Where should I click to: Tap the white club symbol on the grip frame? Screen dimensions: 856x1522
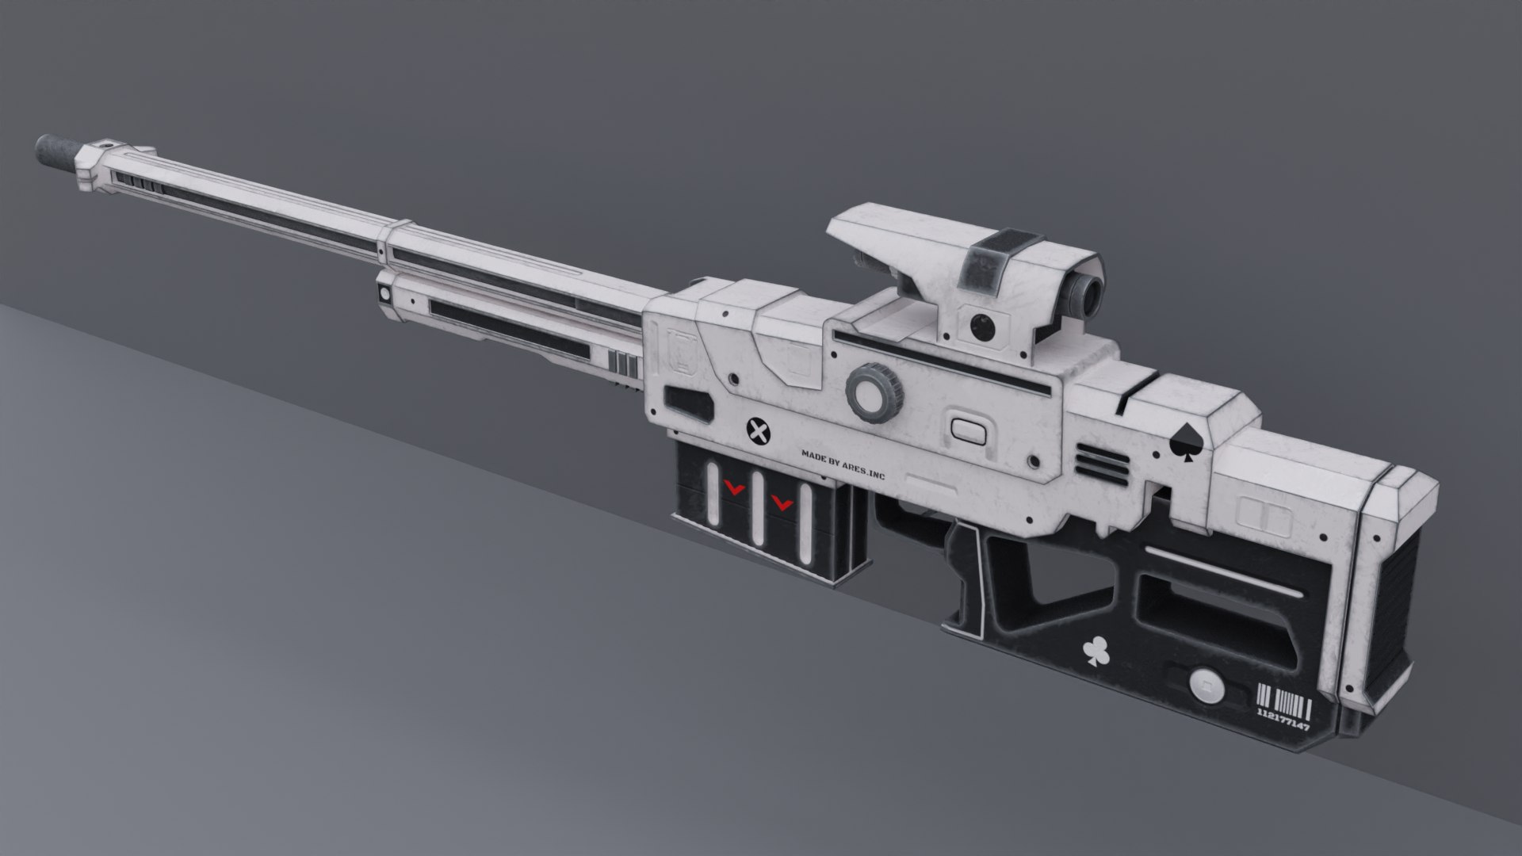(x=1095, y=652)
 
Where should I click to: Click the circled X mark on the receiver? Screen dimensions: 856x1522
(x=759, y=432)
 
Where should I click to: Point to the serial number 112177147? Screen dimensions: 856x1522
(x=1283, y=724)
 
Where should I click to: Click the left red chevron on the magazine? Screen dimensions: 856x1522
(x=735, y=489)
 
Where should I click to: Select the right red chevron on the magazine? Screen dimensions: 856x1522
(x=782, y=501)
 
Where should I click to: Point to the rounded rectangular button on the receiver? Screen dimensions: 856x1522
(x=967, y=431)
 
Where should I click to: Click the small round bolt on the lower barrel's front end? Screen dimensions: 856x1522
(x=385, y=293)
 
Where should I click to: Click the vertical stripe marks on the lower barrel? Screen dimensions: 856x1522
(x=625, y=366)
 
